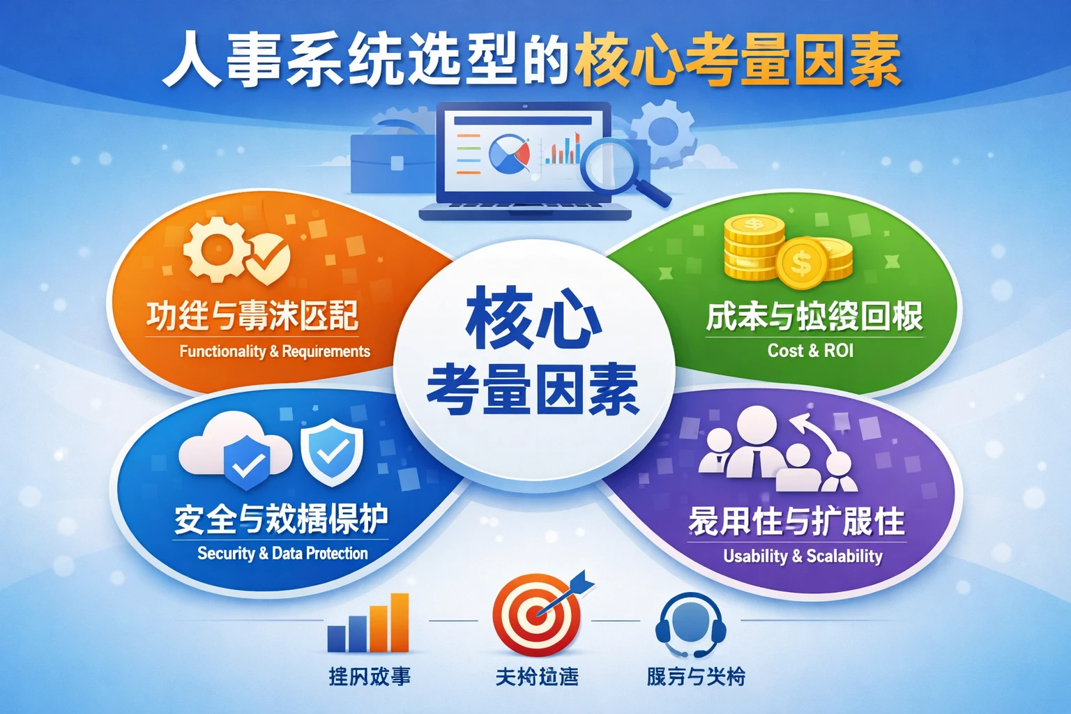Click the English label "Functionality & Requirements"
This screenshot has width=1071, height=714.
pyautogui.click(x=275, y=351)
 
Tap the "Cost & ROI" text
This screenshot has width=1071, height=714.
pyautogui.click(x=810, y=350)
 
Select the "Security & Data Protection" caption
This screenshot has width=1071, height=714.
pyautogui.click(x=282, y=553)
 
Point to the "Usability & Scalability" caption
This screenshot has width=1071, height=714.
pyautogui.click(x=803, y=556)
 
